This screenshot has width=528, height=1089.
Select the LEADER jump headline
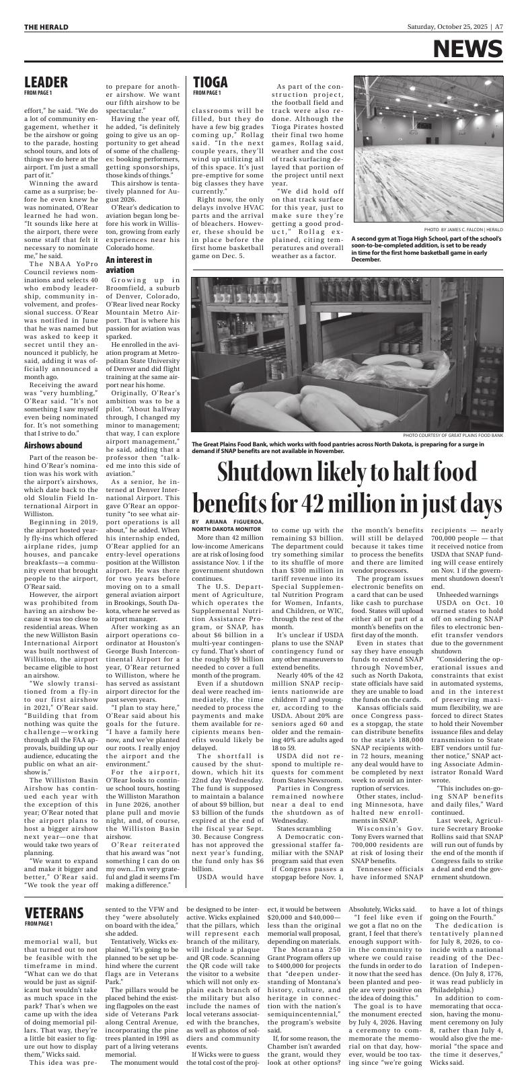tap(46, 82)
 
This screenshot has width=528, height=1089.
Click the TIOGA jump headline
tap(211, 82)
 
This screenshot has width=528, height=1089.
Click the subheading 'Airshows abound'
tap(53, 445)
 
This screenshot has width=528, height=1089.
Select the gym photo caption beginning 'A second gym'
tap(427, 249)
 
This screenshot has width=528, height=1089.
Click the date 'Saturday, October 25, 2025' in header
tap(448, 28)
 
